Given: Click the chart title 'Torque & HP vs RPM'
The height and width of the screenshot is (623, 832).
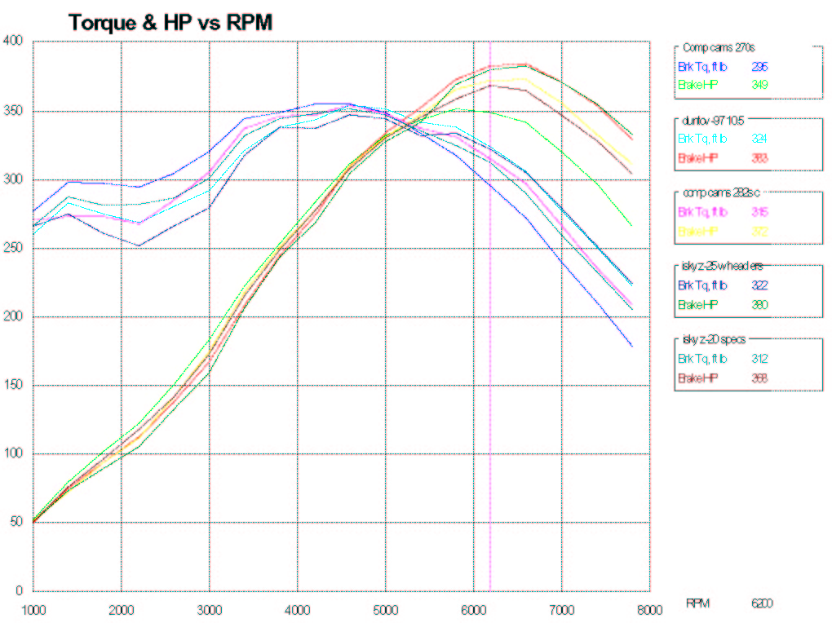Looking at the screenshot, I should click(170, 22).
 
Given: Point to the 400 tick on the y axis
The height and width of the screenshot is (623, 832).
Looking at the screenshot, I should click(14, 40).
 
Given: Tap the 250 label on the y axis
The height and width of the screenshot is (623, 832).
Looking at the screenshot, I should click(14, 248).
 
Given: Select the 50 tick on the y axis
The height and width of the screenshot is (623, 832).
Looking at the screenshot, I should click(17, 522).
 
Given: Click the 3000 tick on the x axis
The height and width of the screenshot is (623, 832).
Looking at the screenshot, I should click(210, 608).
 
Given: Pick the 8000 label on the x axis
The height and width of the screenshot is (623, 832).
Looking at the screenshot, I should click(649, 608).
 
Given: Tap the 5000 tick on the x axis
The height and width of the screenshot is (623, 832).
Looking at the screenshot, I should click(386, 608).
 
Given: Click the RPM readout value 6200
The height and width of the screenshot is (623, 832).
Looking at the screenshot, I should click(762, 603).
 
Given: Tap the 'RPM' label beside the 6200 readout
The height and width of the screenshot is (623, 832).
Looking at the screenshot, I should click(697, 603).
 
